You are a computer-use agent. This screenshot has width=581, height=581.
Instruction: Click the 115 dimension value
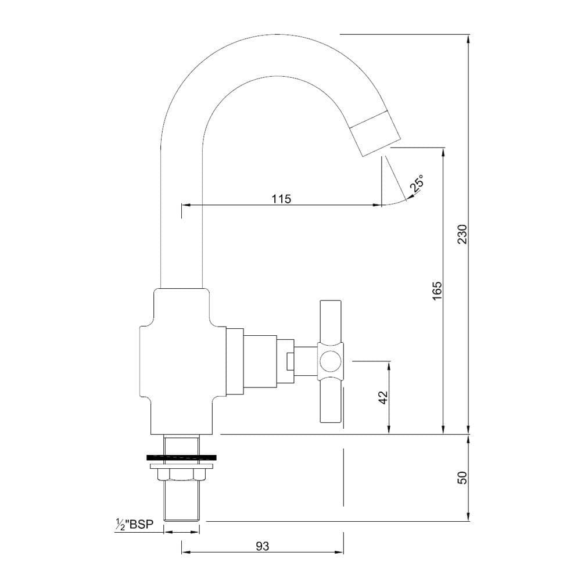[x=282, y=199]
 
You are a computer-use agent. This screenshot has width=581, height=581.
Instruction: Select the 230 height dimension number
[x=463, y=234]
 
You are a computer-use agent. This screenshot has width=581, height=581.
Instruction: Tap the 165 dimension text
[x=437, y=291]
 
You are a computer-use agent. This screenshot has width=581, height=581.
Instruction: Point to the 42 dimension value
[x=383, y=397]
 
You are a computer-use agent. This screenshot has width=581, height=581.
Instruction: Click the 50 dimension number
[x=463, y=477]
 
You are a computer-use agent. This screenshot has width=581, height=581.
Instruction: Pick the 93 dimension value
[x=263, y=546]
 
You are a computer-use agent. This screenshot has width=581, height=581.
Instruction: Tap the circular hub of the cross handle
[x=330, y=361]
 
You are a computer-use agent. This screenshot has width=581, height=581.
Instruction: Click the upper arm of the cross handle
[x=331, y=322]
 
